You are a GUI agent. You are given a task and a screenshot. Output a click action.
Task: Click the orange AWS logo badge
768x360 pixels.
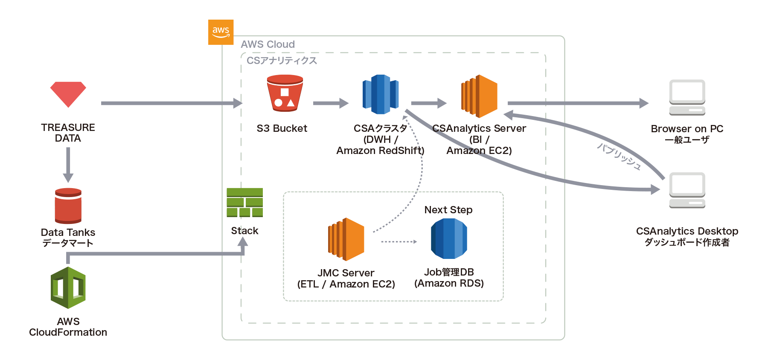[x=221, y=32]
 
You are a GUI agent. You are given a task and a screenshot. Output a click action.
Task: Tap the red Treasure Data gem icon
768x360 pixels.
[x=68, y=94]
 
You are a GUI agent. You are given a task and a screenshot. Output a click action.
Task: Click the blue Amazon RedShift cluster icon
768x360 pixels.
[x=381, y=94]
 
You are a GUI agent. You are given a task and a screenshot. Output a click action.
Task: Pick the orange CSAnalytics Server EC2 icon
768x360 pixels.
[x=480, y=96]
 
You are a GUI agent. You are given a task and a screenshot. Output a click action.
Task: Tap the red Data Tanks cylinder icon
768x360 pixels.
[x=68, y=206]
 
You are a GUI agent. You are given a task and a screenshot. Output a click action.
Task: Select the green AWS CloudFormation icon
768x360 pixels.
[x=68, y=288]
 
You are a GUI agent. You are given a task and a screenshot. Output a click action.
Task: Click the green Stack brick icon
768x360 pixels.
[x=244, y=202]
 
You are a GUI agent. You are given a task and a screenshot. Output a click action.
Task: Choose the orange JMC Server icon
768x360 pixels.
[x=346, y=239]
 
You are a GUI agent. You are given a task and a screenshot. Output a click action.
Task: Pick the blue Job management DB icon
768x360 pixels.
[x=449, y=239]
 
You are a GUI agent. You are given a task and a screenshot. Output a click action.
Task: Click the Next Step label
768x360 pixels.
[x=448, y=210]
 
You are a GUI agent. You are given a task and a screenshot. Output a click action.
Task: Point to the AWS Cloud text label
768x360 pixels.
[x=268, y=44]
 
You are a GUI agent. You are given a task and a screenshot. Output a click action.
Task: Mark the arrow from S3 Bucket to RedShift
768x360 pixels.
[x=331, y=103]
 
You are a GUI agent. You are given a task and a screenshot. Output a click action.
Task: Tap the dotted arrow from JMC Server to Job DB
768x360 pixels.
[x=399, y=242]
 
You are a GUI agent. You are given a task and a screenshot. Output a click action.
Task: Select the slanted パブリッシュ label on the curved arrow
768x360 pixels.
[x=619, y=157]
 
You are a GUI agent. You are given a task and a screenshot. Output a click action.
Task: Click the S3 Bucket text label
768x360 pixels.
[x=282, y=128]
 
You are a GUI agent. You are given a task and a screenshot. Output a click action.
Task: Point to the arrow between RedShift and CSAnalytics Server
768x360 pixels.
[x=428, y=103]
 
